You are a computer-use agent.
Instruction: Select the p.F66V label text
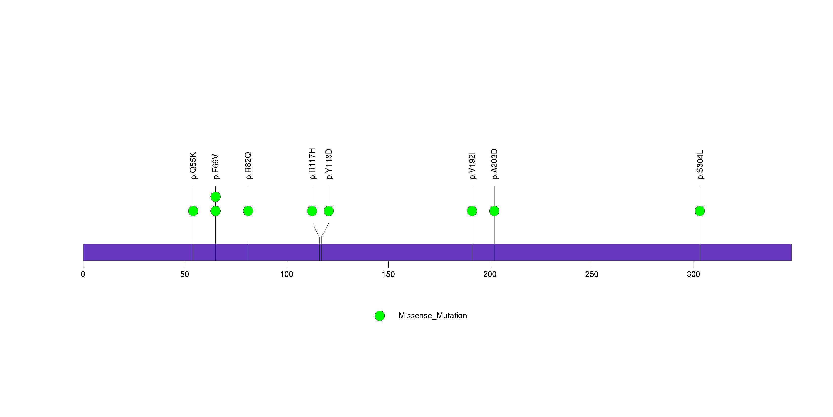pos(216,167)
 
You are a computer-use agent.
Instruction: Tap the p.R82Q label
pos(248,166)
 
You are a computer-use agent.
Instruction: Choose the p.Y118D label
pos(329,164)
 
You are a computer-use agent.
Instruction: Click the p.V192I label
pos(472,166)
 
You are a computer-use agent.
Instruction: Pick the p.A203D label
pos(494,164)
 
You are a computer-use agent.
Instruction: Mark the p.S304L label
pos(700,165)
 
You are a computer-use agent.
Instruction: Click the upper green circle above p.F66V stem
pos(216,197)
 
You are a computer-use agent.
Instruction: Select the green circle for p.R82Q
pos(248,211)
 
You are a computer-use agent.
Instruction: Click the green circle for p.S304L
pos(700,211)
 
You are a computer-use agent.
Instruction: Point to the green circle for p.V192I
pos(472,211)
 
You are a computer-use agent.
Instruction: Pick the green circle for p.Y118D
pos(329,211)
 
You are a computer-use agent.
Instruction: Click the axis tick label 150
pos(388,274)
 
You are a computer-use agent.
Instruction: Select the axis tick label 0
pos(83,274)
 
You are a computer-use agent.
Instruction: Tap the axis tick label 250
pos(592,274)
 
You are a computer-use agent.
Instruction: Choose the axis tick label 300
pos(693,274)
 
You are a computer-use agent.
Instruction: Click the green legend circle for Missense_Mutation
pos(380,316)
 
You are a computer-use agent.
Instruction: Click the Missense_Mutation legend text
pos(433,316)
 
